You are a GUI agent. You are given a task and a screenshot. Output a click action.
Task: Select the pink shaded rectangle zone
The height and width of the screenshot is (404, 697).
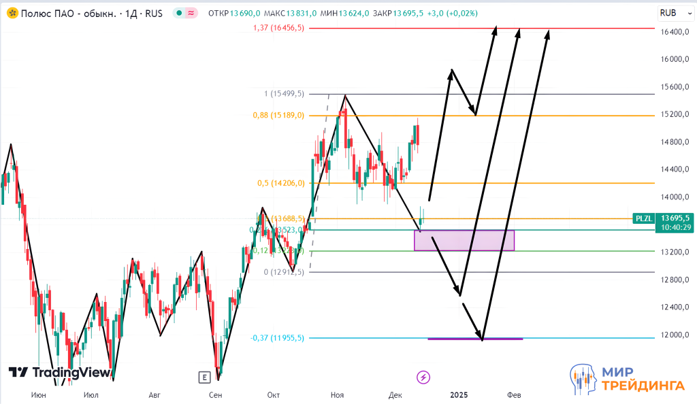(464, 240)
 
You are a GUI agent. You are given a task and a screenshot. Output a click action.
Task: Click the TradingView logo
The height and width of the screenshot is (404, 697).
(59, 373)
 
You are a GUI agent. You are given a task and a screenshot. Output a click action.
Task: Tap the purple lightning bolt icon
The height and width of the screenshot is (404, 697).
(423, 376)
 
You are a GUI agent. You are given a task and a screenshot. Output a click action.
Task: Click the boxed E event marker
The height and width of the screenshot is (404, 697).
(203, 377)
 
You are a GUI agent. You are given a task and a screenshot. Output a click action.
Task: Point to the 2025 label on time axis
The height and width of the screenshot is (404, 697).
(459, 394)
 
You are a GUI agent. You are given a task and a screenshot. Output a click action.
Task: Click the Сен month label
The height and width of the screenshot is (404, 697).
(216, 394)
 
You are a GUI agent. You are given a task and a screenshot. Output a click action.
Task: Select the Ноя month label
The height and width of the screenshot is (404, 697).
(337, 394)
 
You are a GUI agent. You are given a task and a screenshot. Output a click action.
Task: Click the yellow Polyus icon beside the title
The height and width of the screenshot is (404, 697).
(12, 14)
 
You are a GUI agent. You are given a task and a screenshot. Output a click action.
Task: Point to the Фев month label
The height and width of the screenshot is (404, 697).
(515, 394)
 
